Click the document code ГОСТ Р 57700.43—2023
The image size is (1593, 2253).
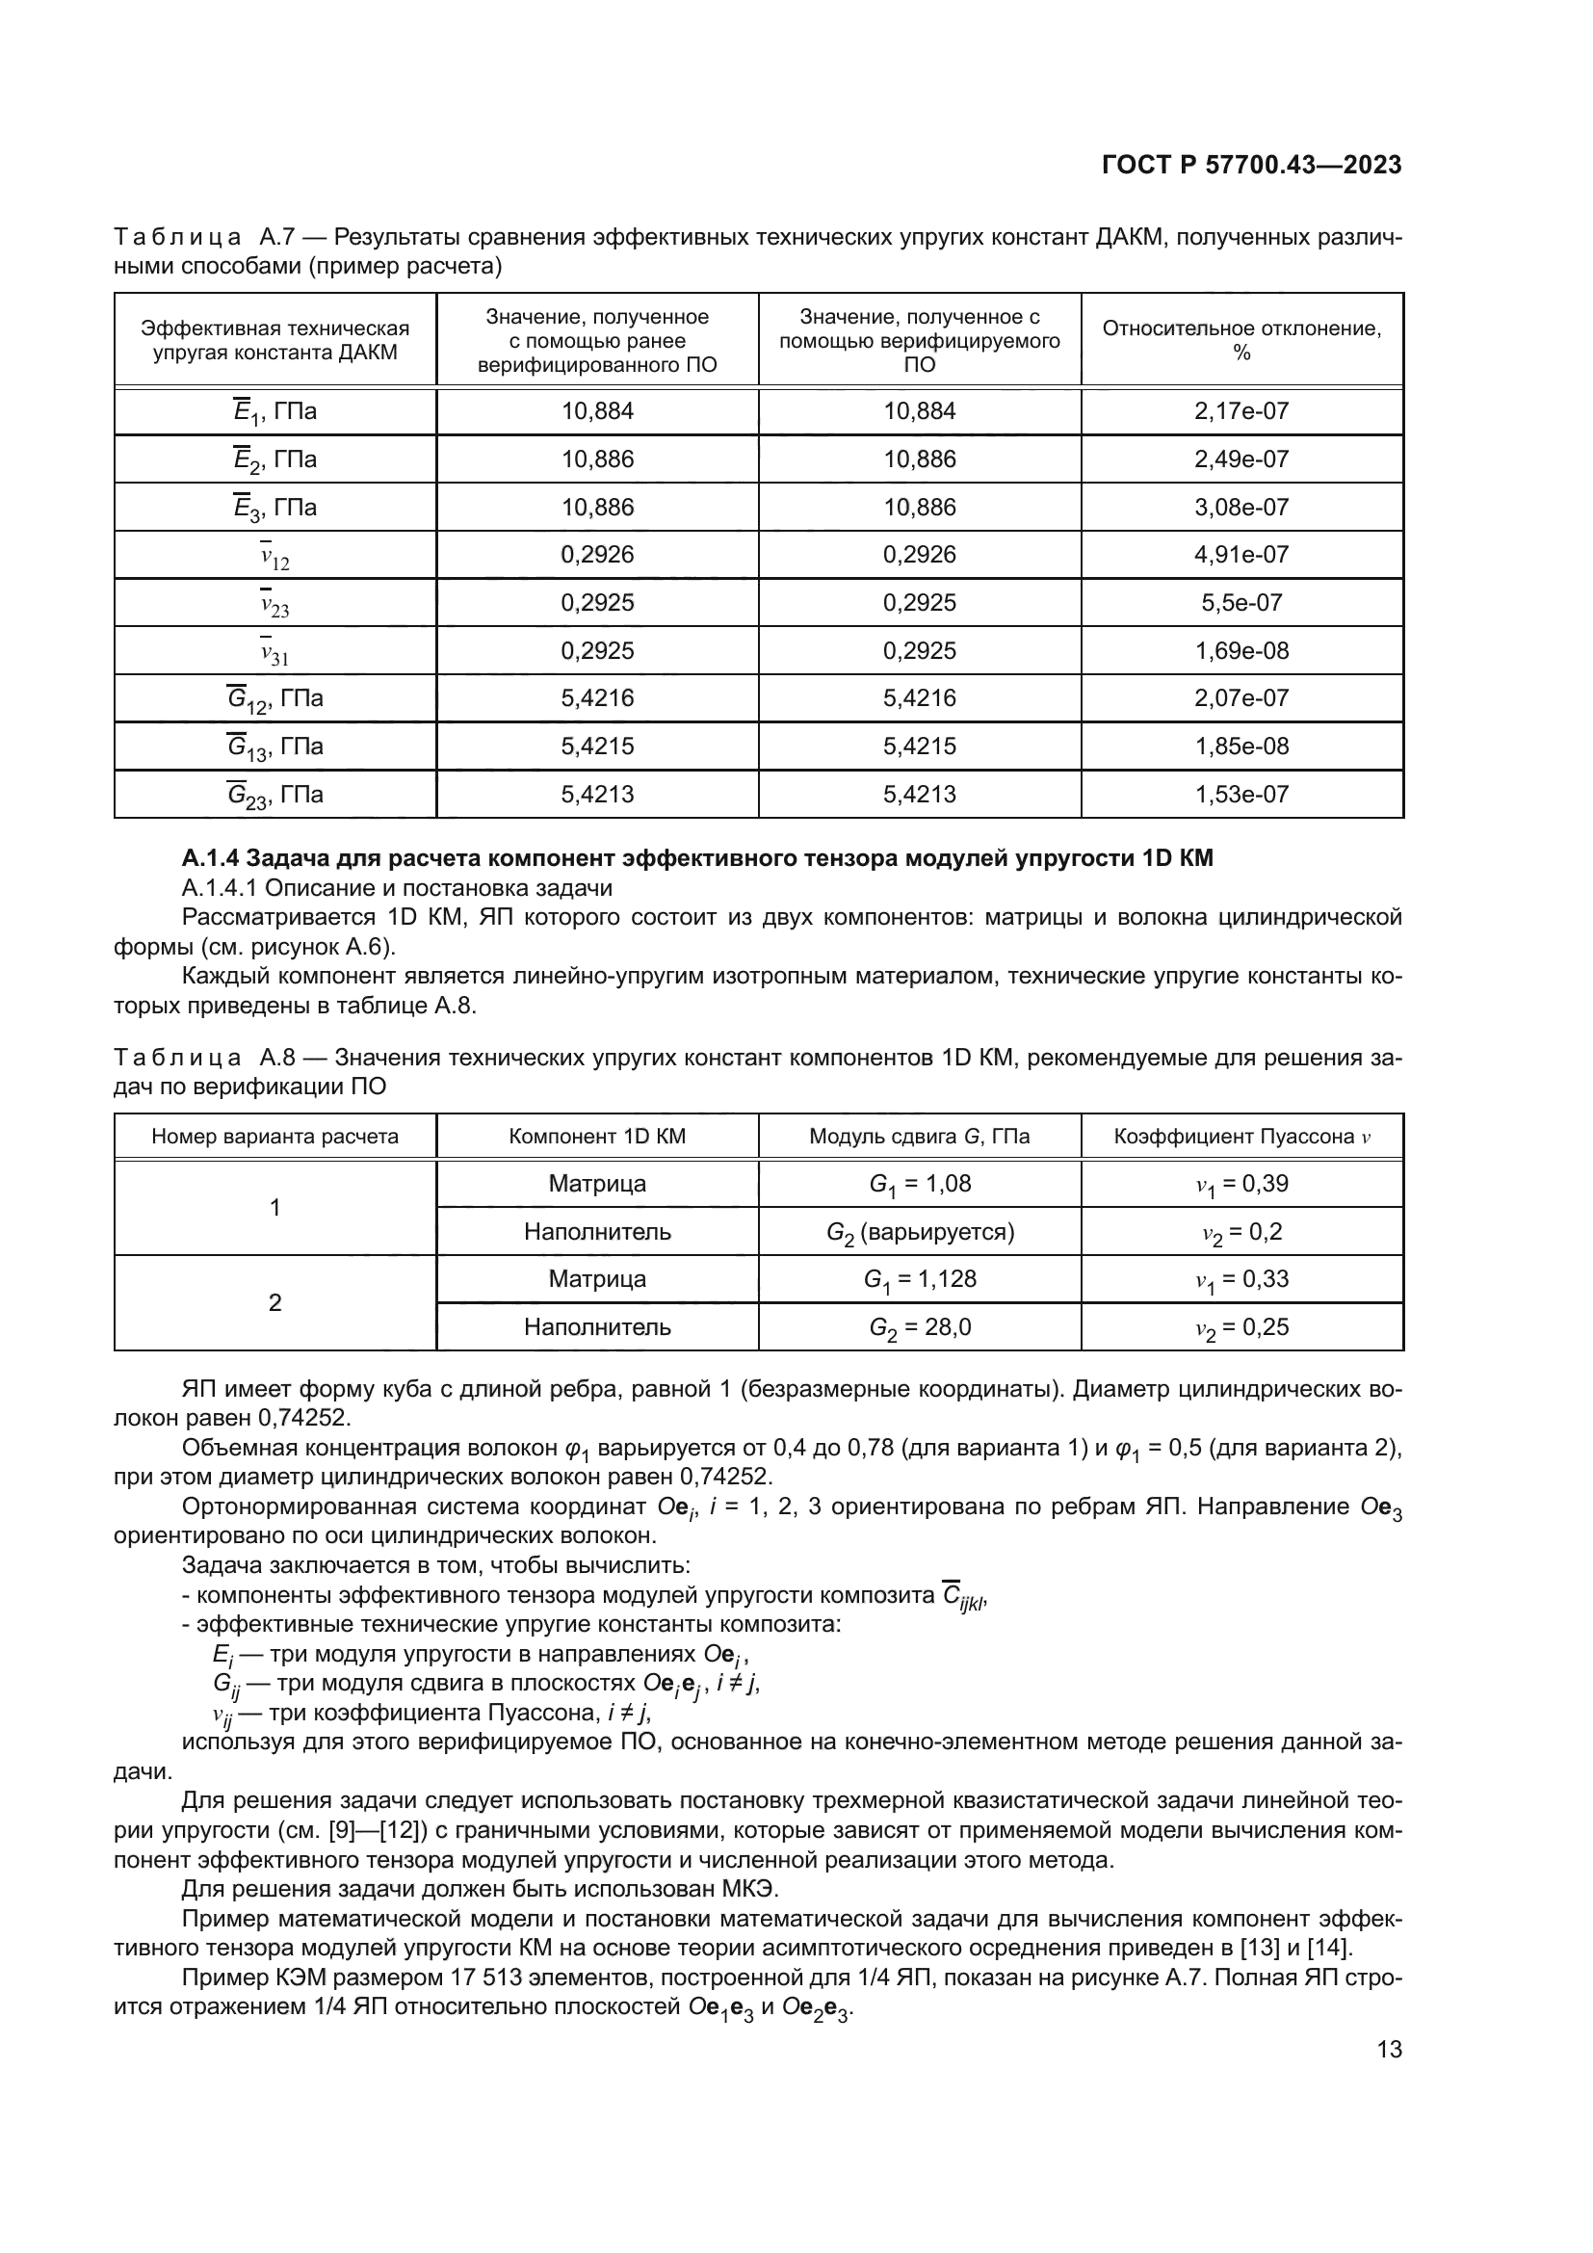1252,165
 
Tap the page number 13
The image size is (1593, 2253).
1389,2049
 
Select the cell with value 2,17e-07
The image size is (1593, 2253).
1240,411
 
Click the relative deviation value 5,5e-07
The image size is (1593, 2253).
1240,602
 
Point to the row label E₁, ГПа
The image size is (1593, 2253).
274,412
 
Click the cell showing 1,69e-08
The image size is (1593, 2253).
1240,650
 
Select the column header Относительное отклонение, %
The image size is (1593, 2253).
1240,339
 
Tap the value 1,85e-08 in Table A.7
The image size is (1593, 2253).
1240,747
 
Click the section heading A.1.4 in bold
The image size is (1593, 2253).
696,858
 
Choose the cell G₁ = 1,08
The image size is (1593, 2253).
919,1184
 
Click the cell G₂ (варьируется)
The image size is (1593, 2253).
919,1233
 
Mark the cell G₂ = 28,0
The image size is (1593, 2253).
919,1327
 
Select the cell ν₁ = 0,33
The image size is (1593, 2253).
1240,1279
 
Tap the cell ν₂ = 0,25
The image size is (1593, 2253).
1240,1327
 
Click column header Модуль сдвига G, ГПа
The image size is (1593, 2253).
919,1137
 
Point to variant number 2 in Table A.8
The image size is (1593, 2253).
274,1303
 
